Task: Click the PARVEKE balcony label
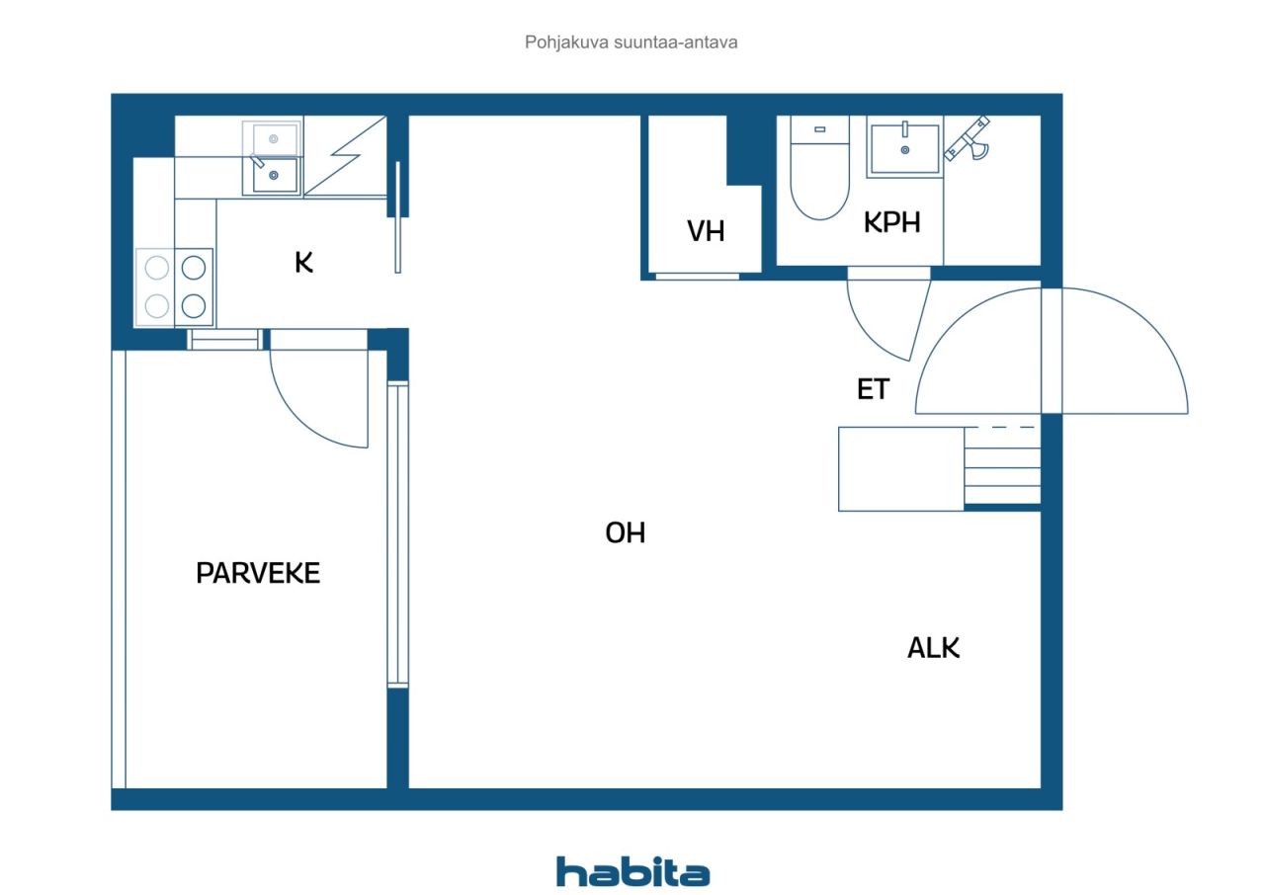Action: pyautogui.click(x=258, y=573)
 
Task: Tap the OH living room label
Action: pyautogui.click(x=626, y=532)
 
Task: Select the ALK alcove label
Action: pyautogui.click(x=934, y=648)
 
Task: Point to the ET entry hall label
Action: pyautogui.click(x=873, y=389)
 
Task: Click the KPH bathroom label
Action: pyautogui.click(x=892, y=222)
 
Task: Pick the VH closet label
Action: pyautogui.click(x=706, y=231)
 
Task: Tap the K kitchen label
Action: pyautogui.click(x=303, y=263)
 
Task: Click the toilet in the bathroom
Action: pyautogui.click(x=819, y=168)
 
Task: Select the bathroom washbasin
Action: pyautogui.click(x=904, y=147)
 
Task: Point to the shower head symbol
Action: pyautogui.click(x=968, y=139)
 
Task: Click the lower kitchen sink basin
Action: pyautogui.click(x=275, y=175)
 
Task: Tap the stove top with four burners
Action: pyautogui.click(x=175, y=287)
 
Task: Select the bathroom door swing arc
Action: pyautogui.click(x=871, y=333)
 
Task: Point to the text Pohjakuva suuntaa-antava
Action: pyautogui.click(x=631, y=42)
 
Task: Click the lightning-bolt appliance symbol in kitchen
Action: pyautogui.click(x=346, y=156)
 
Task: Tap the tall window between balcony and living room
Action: pyautogui.click(x=397, y=534)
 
